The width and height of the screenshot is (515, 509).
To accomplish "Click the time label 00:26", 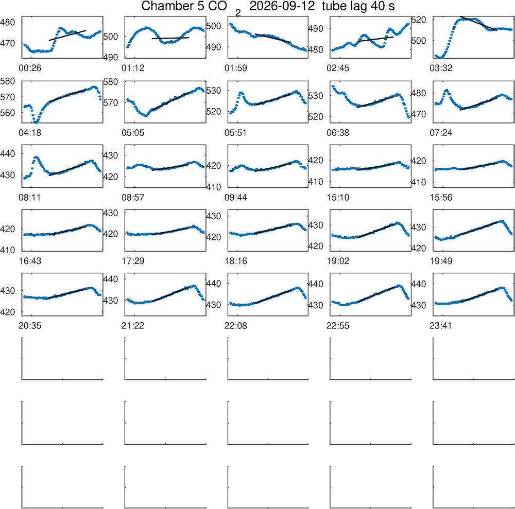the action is tap(30, 68).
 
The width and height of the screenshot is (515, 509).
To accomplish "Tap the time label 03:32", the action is tap(441, 68).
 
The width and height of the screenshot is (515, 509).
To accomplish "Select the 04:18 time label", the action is tap(30, 133).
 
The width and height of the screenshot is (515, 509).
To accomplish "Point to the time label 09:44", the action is tap(236, 198).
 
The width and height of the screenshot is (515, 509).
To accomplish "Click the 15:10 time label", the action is tap(338, 198).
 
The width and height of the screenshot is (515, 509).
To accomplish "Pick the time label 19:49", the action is tap(441, 261).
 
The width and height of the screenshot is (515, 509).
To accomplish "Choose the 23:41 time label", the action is tap(441, 326).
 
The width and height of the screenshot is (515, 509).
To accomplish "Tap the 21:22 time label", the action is tap(133, 326).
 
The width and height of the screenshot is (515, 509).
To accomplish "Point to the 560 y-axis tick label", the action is tap(8, 113).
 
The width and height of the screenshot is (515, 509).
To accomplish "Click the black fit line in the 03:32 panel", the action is tap(478, 23).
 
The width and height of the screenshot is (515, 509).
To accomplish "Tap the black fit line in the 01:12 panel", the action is tap(170, 38).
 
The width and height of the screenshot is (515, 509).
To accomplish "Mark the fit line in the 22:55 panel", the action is tap(376, 294).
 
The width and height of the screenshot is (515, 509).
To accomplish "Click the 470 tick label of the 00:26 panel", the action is tap(8, 43).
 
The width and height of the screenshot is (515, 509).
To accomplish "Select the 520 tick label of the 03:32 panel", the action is tap(419, 20).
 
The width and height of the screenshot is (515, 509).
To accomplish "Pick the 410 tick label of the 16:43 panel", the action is tap(8, 250).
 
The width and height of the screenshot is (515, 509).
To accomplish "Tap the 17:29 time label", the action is tap(133, 261).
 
